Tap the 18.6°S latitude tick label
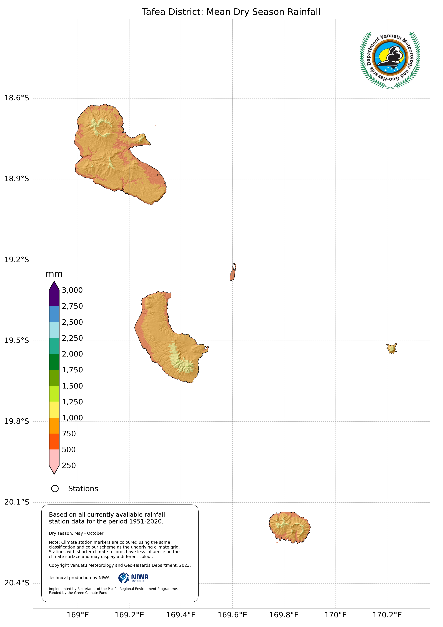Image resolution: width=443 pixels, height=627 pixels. pos(17,98)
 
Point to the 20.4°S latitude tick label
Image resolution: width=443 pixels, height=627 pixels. pos(17,583)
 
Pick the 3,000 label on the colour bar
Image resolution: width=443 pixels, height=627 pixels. pos(72,290)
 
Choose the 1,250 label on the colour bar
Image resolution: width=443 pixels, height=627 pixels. pos(72,402)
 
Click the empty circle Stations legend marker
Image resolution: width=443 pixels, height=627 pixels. pos(55,489)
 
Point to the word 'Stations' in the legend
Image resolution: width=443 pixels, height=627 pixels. pos(83,489)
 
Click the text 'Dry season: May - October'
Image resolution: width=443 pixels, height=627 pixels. pos(76,533)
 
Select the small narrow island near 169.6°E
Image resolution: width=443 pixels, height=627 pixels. pos(233,272)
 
